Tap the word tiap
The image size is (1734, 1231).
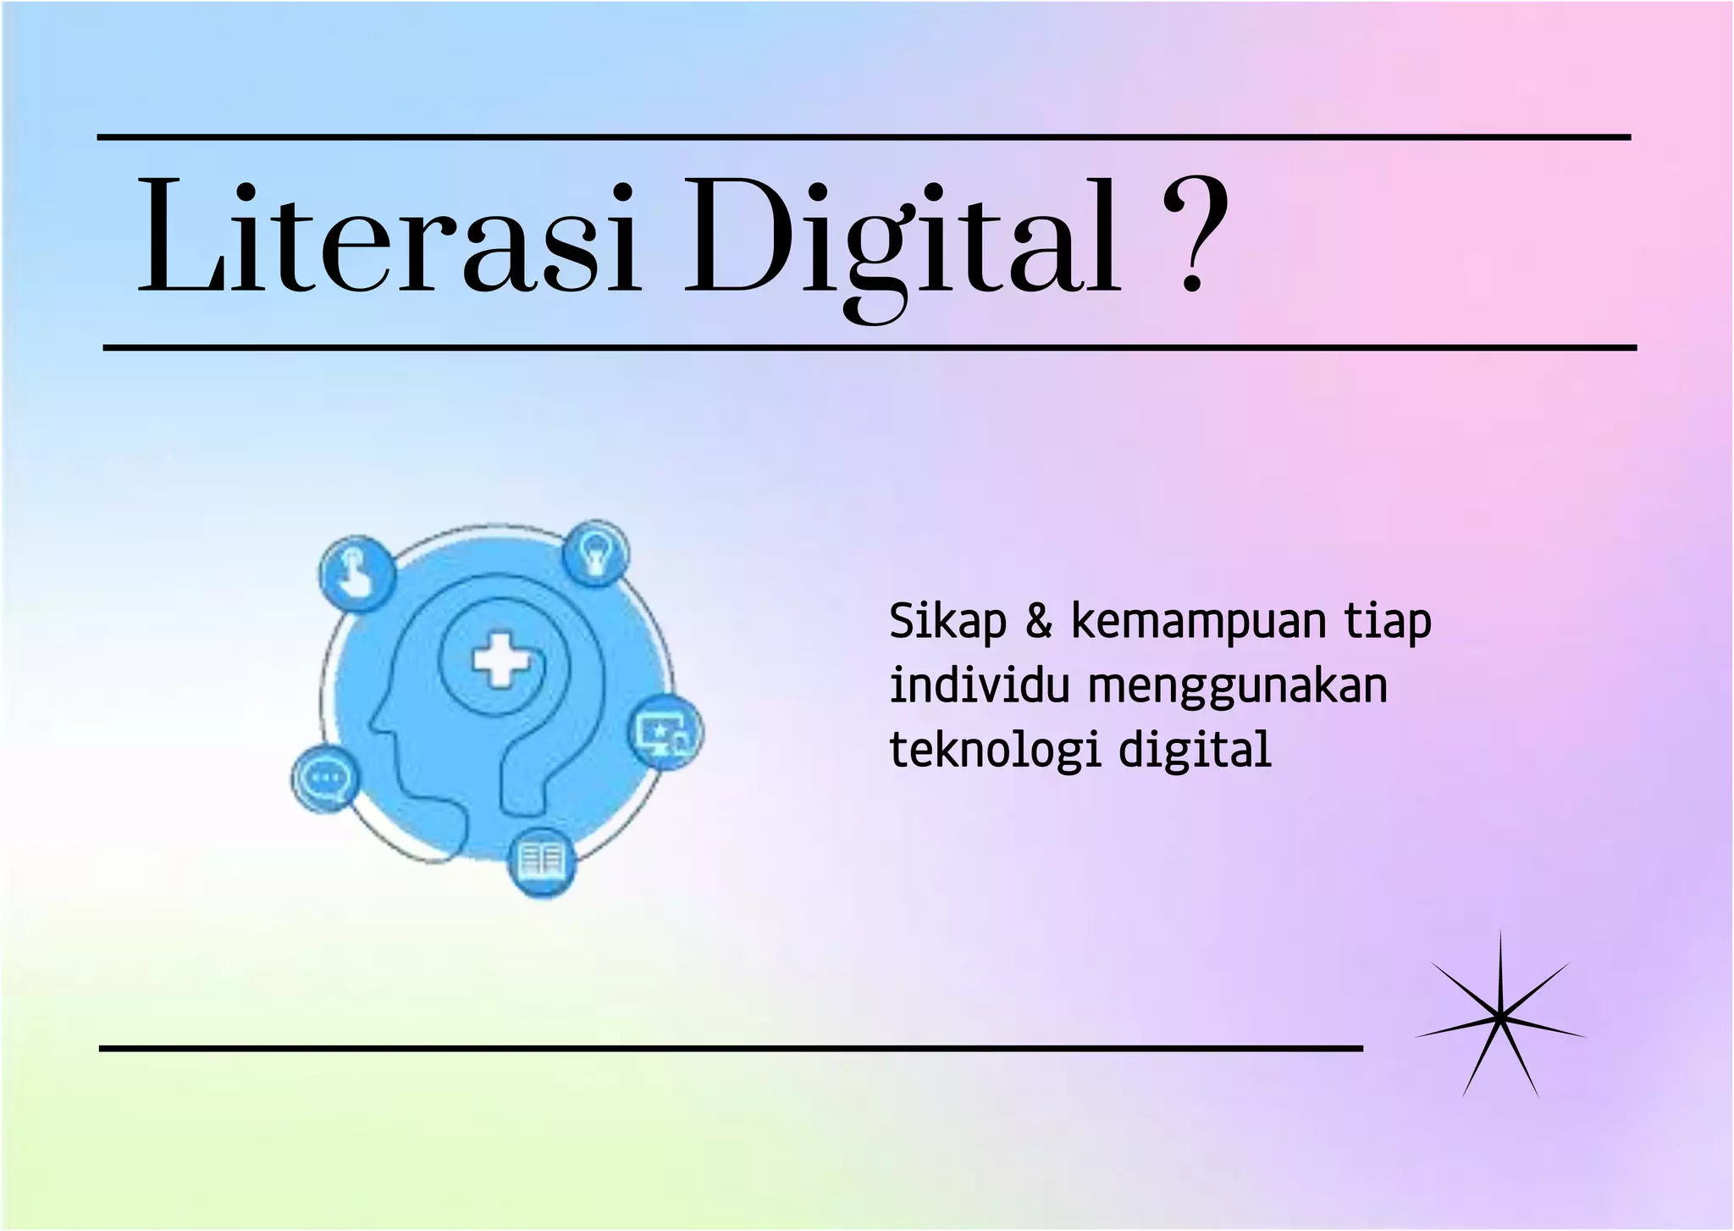click(x=1389, y=623)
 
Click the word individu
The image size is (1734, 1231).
click(x=980, y=685)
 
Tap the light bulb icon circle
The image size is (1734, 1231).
click(x=596, y=553)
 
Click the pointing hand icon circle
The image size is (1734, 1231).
click(x=356, y=574)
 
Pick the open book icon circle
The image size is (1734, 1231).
click(x=541, y=862)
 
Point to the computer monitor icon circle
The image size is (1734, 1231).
click(x=668, y=732)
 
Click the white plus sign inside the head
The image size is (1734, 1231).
click(x=500, y=660)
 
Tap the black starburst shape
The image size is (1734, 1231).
click(x=1499, y=1018)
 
